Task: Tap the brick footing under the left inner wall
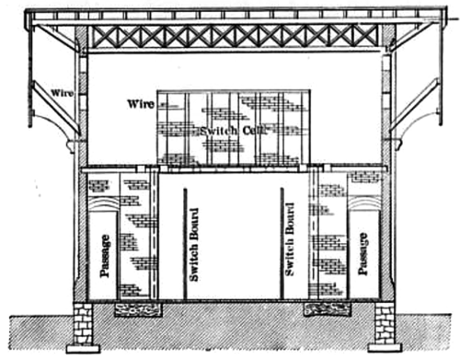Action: tap(135, 308)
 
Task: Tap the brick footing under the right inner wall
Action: tap(328, 308)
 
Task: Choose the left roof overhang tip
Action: tap(29, 16)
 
